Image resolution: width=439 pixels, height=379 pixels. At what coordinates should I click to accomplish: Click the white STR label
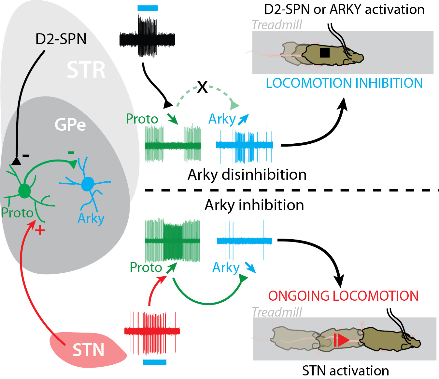(x=86, y=70)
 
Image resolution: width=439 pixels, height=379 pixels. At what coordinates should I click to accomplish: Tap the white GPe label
(x=70, y=124)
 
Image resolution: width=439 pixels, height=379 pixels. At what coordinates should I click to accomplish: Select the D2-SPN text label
(x=61, y=39)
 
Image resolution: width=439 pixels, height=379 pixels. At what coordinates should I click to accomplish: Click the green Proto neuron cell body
(x=24, y=191)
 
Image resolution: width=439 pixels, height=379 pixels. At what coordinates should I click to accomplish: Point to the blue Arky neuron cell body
(x=87, y=184)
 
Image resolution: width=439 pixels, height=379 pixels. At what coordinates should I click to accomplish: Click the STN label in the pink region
(x=88, y=350)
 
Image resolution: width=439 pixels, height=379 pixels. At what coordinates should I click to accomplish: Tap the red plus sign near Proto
(x=40, y=230)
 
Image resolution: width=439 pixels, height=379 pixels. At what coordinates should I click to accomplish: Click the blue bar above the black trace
(x=148, y=8)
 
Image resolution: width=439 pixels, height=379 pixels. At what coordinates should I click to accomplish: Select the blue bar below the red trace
(x=155, y=362)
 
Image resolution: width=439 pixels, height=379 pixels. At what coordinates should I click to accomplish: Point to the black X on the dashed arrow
(x=203, y=86)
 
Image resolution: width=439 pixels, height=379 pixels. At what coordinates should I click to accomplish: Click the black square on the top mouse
(x=325, y=52)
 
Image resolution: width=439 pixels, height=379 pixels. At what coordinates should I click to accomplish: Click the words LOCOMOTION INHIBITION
(x=344, y=83)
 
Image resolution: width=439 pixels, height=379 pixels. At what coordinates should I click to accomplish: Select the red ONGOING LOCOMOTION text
(x=343, y=296)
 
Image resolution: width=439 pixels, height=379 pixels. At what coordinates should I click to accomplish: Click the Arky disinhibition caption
(x=247, y=175)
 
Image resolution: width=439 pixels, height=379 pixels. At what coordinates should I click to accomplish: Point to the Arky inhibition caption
(x=254, y=205)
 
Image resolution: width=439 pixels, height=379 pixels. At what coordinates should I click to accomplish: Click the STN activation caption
(x=346, y=371)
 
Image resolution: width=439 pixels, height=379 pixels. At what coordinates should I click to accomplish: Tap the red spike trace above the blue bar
(x=152, y=331)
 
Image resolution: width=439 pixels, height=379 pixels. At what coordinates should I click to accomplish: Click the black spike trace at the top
(x=147, y=39)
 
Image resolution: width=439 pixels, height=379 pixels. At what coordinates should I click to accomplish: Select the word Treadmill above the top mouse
(x=277, y=25)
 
